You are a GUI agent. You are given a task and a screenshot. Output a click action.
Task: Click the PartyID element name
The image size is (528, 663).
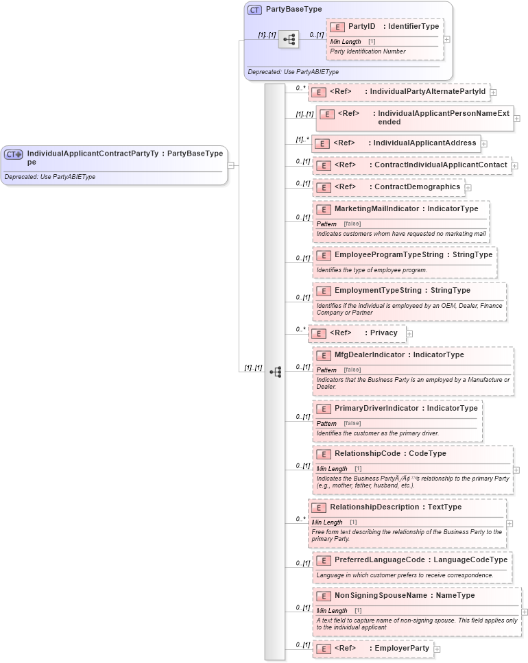coord(362,26)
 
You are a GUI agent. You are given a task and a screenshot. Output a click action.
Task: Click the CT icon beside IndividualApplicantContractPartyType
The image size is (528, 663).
coord(14,154)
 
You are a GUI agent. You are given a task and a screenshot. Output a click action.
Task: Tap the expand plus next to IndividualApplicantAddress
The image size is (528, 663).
coord(484,144)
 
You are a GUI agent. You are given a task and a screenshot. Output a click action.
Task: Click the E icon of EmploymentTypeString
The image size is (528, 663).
coord(324,291)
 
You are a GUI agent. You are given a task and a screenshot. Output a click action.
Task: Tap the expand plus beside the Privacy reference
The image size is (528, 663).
coord(409,334)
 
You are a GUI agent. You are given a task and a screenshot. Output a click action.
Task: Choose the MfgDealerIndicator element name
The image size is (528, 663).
coord(370,354)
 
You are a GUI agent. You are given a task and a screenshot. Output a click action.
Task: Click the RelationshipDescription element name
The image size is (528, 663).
coord(376,507)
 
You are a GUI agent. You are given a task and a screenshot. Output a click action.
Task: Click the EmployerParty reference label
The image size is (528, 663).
coord(400,648)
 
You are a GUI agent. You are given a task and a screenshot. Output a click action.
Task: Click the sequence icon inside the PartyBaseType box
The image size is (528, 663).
coord(289,40)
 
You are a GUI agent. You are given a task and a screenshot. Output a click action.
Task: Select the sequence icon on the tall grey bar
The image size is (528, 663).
coord(275,372)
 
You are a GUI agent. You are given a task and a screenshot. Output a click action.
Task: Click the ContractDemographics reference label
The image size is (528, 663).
coord(417,186)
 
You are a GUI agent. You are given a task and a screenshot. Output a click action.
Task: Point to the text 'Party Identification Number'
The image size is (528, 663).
coord(368,51)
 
